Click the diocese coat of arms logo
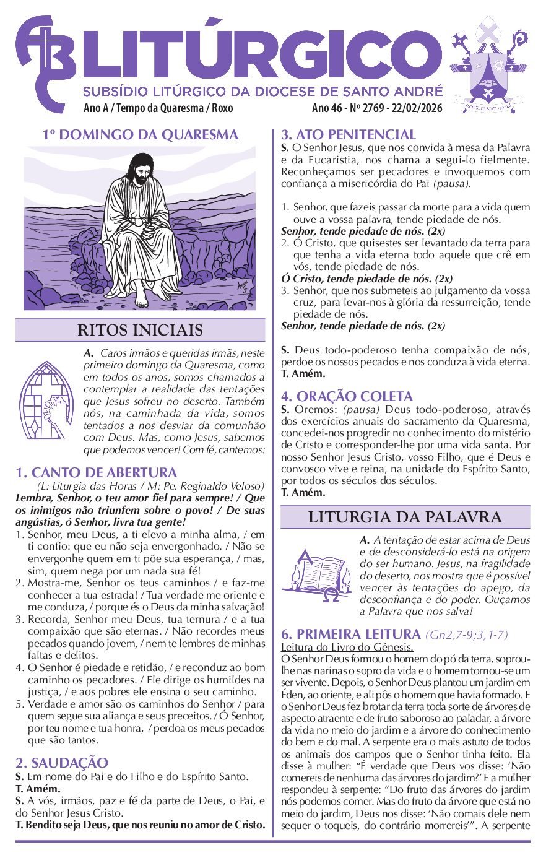[x=489, y=65]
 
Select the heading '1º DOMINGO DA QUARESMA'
[x=140, y=134]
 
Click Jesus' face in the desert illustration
[x=144, y=169]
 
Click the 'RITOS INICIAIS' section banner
[x=140, y=330]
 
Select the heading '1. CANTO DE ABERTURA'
[x=96, y=472]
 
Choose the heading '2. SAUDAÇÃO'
[x=61, y=763]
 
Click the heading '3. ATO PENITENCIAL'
[x=348, y=134]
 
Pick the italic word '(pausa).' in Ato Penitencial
[x=451, y=184]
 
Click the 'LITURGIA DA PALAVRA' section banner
[x=405, y=517]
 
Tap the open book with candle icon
[x=317, y=574]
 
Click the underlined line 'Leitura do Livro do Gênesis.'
[x=347, y=647]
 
